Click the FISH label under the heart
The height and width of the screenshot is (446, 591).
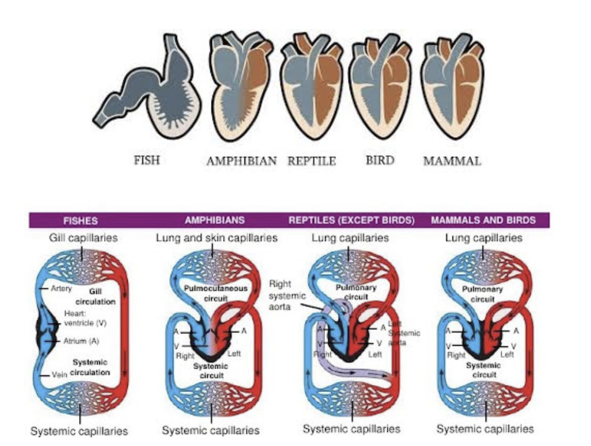pyautogui.click(x=147, y=160)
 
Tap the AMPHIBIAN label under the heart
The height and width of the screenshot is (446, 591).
pyautogui.click(x=241, y=161)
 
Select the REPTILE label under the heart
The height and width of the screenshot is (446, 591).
pyautogui.click(x=312, y=161)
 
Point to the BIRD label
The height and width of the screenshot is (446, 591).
pyautogui.click(x=380, y=160)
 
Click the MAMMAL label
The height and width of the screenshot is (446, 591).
pyautogui.click(x=452, y=161)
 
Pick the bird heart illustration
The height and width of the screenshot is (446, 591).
pyautogui.click(x=380, y=87)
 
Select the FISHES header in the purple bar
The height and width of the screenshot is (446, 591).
pyautogui.click(x=80, y=220)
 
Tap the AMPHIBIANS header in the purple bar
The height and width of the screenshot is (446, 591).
pyautogui.click(x=215, y=220)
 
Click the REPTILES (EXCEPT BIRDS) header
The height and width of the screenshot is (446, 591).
pyautogui.click(x=351, y=220)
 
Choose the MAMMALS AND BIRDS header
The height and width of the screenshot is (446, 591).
pyautogui.click(x=483, y=220)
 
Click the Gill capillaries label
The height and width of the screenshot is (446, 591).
pyautogui.click(x=83, y=238)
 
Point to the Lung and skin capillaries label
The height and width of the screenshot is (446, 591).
pyautogui.click(x=217, y=238)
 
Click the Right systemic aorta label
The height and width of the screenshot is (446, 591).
pyautogui.click(x=286, y=295)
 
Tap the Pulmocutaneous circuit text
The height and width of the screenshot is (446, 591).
pyautogui.click(x=216, y=293)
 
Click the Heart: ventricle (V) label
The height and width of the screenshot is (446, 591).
pyautogui.click(x=85, y=319)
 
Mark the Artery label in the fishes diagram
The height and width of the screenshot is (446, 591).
pyautogui.click(x=61, y=289)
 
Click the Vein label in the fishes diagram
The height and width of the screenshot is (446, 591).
pyautogui.click(x=59, y=375)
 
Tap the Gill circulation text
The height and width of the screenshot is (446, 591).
pyautogui.click(x=95, y=297)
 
